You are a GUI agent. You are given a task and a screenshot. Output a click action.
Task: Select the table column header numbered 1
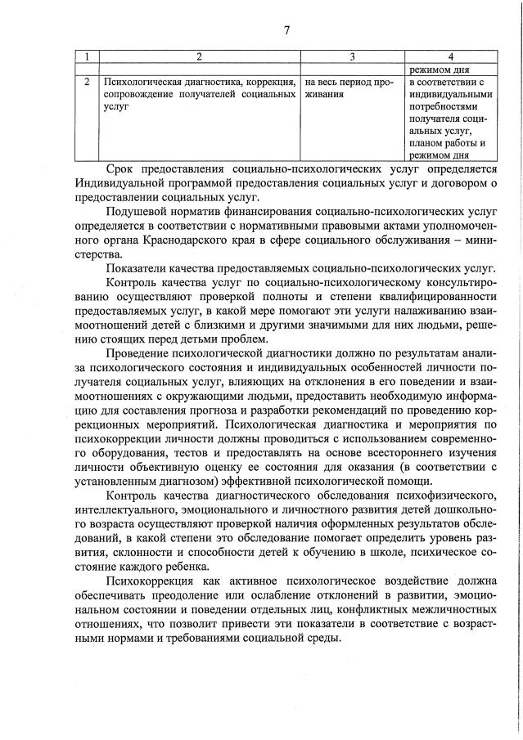[x=86, y=56]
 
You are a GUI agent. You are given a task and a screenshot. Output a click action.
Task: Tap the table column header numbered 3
[x=352, y=56]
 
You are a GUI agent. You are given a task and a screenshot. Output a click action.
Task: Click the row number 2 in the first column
[x=86, y=83]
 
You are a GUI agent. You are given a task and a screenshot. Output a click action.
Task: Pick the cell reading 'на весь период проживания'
[x=352, y=88]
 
